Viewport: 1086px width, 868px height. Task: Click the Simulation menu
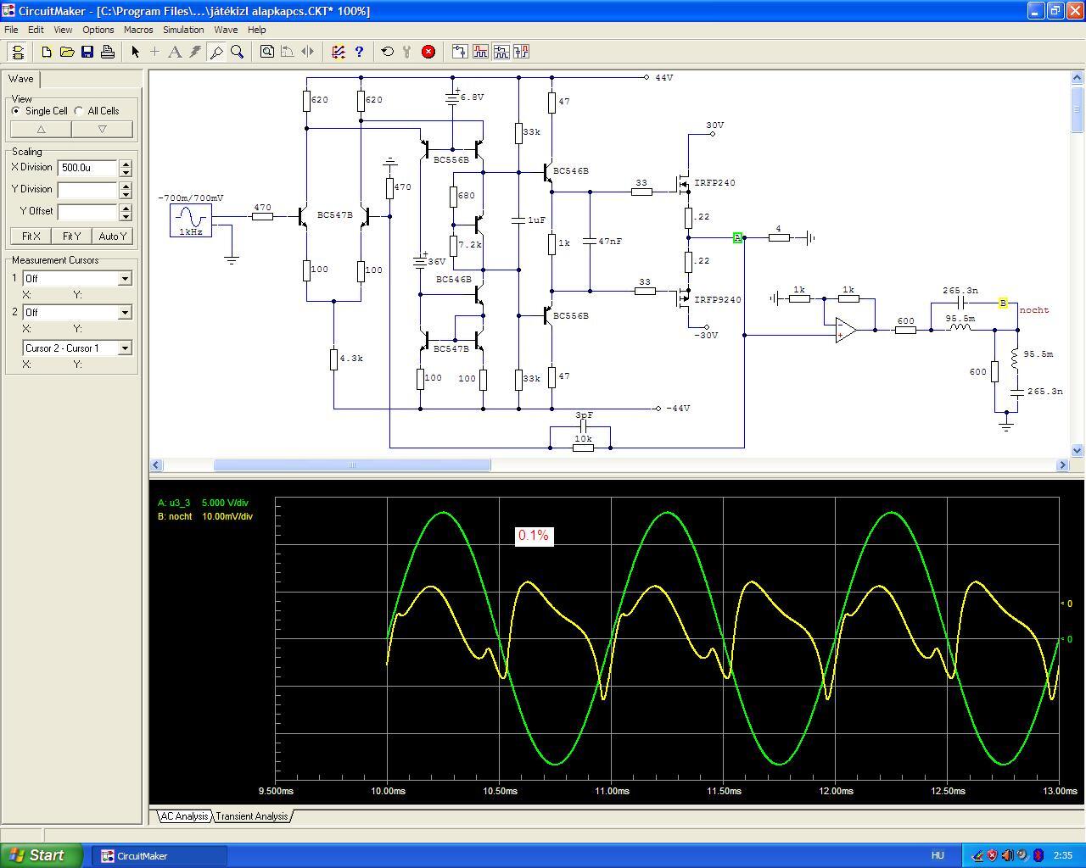(x=183, y=30)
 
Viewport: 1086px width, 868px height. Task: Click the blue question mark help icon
(x=359, y=52)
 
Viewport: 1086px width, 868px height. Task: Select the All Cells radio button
(x=79, y=111)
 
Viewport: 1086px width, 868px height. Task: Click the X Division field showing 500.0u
(x=87, y=168)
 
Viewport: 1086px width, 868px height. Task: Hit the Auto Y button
(x=113, y=236)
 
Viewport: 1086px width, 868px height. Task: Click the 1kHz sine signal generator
(x=191, y=220)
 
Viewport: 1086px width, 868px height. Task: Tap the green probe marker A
(x=737, y=237)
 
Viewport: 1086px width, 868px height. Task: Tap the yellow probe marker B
(x=1003, y=303)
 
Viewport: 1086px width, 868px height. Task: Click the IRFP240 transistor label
(x=714, y=183)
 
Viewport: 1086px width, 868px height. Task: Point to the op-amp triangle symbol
(x=845, y=330)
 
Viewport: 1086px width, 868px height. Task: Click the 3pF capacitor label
(x=584, y=415)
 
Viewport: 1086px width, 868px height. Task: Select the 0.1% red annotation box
(x=534, y=536)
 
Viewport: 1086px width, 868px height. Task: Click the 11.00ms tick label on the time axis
(x=612, y=791)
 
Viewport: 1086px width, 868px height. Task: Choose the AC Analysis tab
(x=184, y=816)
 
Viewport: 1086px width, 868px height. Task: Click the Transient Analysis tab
(x=252, y=816)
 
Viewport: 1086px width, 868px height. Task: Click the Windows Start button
(x=41, y=855)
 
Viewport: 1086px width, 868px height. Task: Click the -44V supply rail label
(x=678, y=408)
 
